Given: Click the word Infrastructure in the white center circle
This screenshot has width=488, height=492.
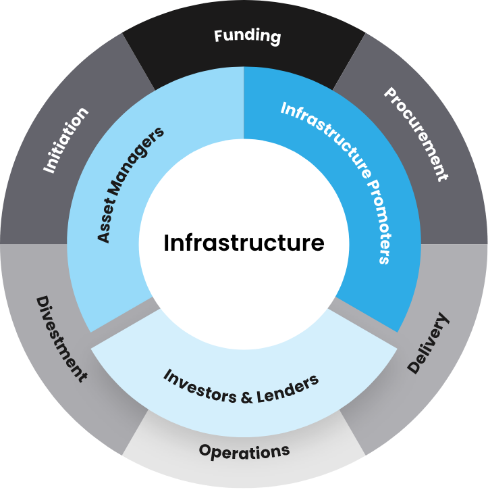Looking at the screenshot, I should point(244,243).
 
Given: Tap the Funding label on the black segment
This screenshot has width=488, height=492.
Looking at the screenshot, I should point(247,36).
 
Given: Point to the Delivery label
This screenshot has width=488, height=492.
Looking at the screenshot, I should point(429,343).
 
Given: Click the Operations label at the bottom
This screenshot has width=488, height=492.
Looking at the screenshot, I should point(244,451).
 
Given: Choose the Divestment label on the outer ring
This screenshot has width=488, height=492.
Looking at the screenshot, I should point(61,338).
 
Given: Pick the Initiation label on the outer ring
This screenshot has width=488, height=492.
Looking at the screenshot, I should point(66,140).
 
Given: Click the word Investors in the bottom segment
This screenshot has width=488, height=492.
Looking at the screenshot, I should point(198,386).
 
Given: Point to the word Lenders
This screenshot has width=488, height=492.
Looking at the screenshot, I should point(288,387).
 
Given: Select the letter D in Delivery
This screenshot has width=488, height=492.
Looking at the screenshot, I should point(414,366).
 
